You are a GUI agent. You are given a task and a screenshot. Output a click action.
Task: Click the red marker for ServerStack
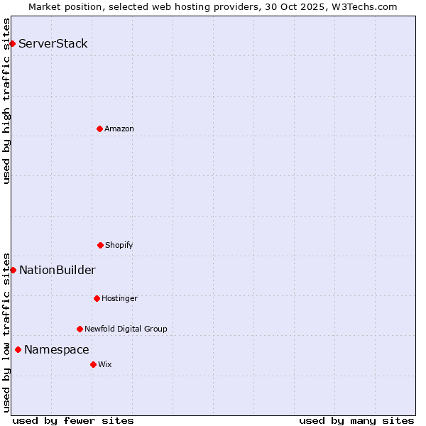pyautogui.click(x=12, y=44)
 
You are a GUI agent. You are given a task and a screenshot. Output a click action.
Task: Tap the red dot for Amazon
pyautogui.click(x=99, y=129)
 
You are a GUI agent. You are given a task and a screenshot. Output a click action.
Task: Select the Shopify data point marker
pyautogui.click(x=100, y=245)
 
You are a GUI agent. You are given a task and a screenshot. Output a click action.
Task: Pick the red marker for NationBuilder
pyautogui.click(x=13, y=270)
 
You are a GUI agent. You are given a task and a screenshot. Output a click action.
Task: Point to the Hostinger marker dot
pyautogui.click(x=97, y=298)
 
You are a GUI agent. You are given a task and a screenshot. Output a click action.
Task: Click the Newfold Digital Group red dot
pyautogui.click(x=80, y=329)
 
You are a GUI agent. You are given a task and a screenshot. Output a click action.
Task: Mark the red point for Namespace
pyautogui.click(x=18, y=349)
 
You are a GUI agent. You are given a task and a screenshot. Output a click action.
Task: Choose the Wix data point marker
pyautogui.click(x=93, y=364)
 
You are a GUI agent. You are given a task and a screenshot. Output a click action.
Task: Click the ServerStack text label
pyautogui.click(x=53, y=44)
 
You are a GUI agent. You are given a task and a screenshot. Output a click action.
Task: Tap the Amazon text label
pyautogui.click(x=119, y=129)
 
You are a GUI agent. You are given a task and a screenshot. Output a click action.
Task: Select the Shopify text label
pyautogui.click(x=119, y=245)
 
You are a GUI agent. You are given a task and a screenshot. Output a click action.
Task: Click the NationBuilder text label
pyautogui.click(x=58, y=270)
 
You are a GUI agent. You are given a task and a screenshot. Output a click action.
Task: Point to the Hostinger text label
pyautogui.click(x=119, y=298)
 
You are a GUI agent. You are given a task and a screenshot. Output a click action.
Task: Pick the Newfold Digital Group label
pyautogui.click(x=126, y=329)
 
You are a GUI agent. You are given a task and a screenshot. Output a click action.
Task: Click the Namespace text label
pyautogui.click(x=57, y=349)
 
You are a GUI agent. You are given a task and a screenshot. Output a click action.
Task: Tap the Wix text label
pyautogui.click(x=105, y=364)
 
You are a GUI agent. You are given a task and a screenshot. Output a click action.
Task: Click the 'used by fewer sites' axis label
pyautogui.click(x=73, y=420)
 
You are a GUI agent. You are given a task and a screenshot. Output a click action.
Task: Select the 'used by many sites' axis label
pyautogui.click(x=356, y=420)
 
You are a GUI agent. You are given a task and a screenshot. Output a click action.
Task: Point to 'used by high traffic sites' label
pyautogui.click(x=6, y=101)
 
